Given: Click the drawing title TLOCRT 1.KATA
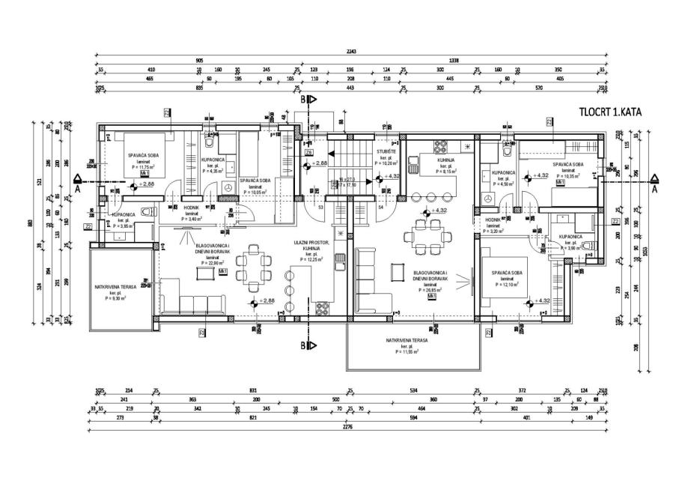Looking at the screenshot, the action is pyautogui.click(x=610, y=112).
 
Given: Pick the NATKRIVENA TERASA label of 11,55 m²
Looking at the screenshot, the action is pyautogui.click(x=407, y=341).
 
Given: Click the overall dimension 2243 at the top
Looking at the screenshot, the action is pyautogui.click(x=350, y=50).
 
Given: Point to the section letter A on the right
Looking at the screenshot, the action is pyautogui.click(x=654, y=190).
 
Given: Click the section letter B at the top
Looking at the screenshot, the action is pyautogui.click(x=303, y=99).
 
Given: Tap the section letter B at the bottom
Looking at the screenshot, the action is pyautogui.click(x=303, y=345).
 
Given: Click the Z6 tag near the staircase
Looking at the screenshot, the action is pyautogui.click(x=308, y=153).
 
